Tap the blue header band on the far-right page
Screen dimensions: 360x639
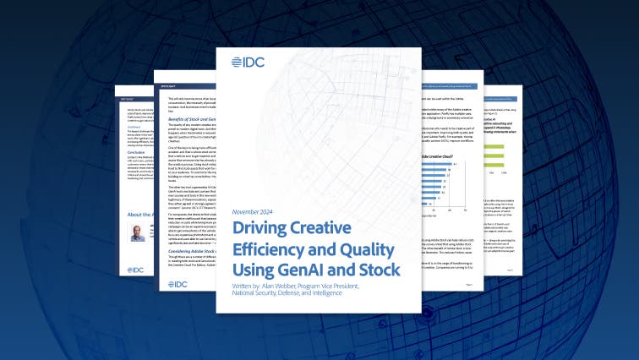(x=504, y=87)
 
